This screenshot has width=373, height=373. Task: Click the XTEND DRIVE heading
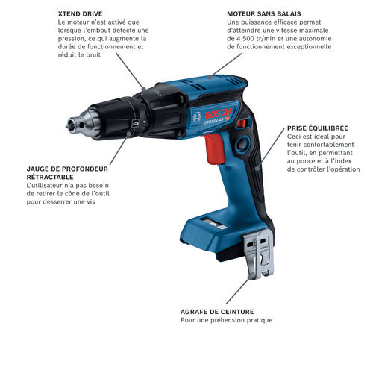80,13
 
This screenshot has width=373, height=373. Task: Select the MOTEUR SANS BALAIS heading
264,13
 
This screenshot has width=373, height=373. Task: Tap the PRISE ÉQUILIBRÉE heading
318,128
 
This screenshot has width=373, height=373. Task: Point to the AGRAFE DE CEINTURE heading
217,312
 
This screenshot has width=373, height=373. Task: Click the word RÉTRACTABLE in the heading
50,177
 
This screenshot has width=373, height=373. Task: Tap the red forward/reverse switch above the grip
242,123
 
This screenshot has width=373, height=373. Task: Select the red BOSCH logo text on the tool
218,113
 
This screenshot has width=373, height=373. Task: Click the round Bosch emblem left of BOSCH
197,117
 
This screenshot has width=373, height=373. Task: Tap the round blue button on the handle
242,143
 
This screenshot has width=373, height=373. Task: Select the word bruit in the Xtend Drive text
93,55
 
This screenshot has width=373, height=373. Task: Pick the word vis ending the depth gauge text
91,201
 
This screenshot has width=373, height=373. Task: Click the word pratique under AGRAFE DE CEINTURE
260,320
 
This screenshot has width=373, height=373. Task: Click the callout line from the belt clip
237,290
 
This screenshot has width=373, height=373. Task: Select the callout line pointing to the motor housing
226,65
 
